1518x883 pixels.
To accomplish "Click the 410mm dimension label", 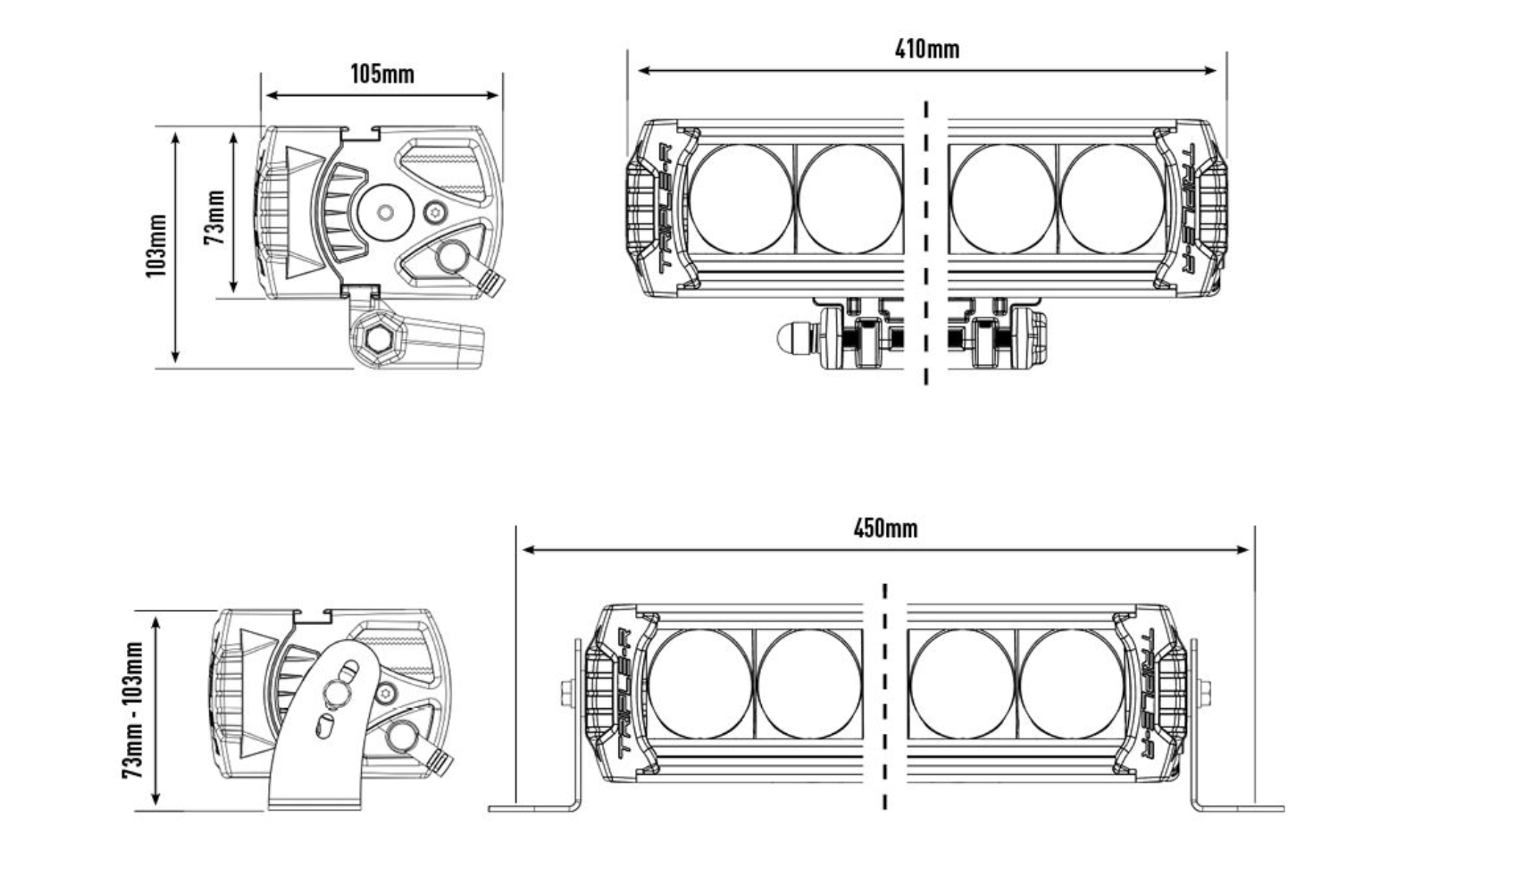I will [927, 49].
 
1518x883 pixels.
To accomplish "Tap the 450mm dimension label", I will [885, 529].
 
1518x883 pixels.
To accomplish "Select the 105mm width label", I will [382, 74].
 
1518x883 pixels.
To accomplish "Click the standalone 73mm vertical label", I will [214, 216].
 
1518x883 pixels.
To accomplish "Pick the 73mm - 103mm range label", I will [133, 710].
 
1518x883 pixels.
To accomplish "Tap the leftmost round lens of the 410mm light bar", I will [740, 199].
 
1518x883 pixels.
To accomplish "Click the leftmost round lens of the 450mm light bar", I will [700, 684].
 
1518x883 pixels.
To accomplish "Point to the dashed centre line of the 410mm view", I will [926, 244].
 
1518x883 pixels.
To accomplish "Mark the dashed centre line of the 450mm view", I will [885, 695].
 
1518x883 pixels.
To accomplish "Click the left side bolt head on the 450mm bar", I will [567, 692].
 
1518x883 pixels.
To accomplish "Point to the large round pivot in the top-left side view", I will [386, 212].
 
